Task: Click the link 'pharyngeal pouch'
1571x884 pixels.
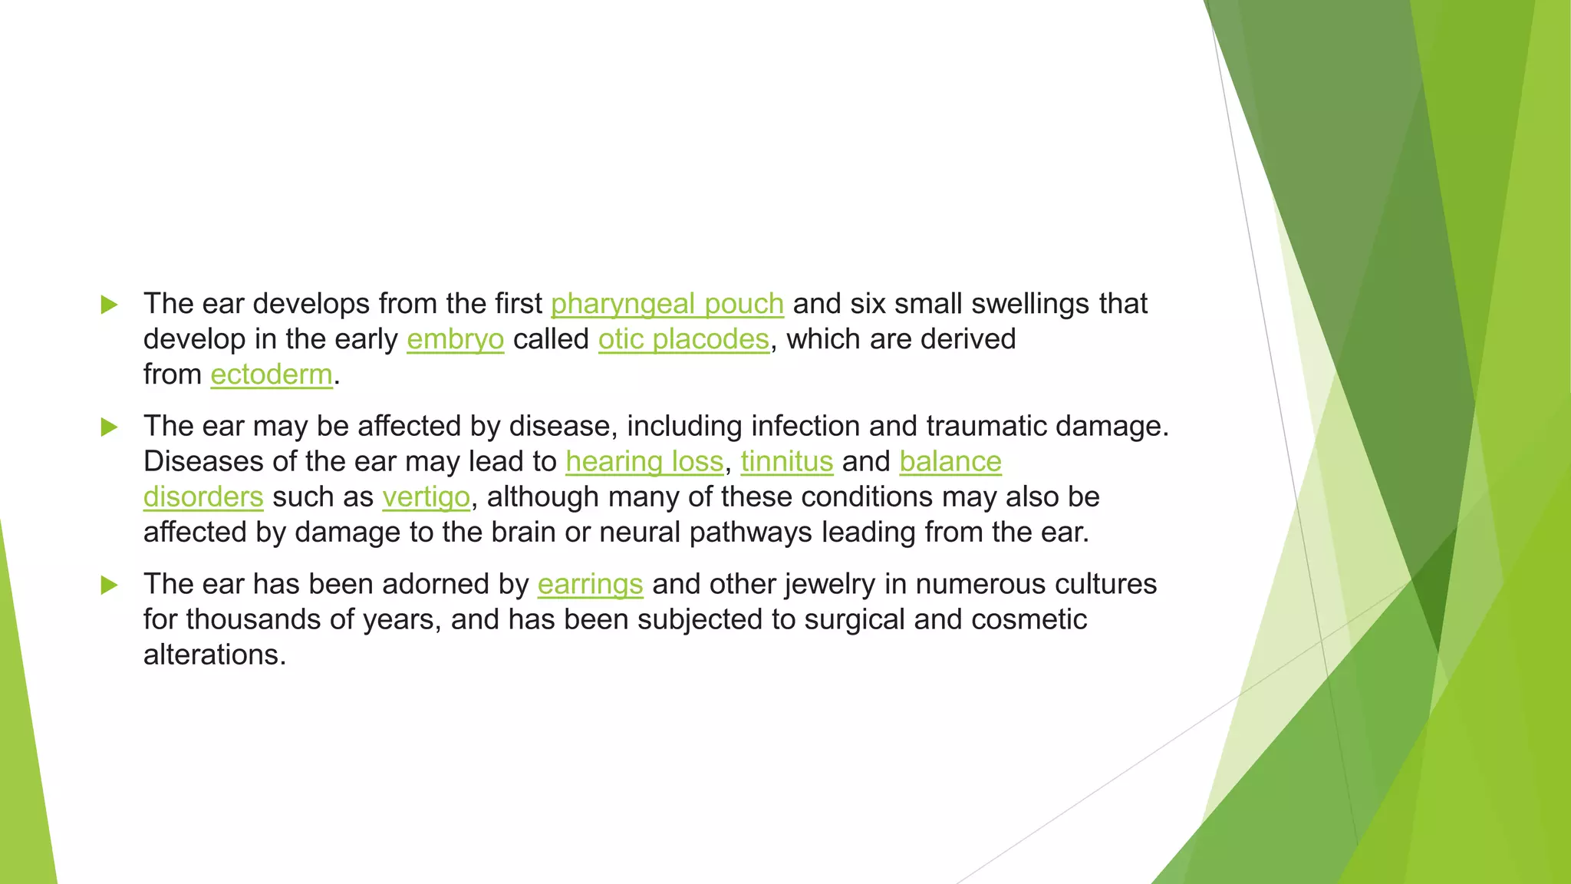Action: pyautogui.click(x=667, y=304)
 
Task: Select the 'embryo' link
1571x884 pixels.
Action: pyautogui.click(x=455, y=339)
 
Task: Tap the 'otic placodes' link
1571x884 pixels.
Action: pyautogui.click(x=683, y=339)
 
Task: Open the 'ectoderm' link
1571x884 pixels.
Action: pyautogui.click(x=272, y=374)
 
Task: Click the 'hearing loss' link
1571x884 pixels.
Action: pyautogui.click(x=644, y=462)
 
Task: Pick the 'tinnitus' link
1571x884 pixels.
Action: pyautogui.click(x=786, y=462)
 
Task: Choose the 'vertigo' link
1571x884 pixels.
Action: pyautogui.click(x=426, y=497)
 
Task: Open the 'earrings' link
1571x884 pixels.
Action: pyautogui.click(x=590, y=585)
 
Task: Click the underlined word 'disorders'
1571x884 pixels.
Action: pyautogui.click(x=203, y=497)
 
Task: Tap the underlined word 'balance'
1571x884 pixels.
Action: pyautogui.click(x=950, y=462)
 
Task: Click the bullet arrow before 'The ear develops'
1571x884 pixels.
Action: pyautogui.click(x=109, y=305)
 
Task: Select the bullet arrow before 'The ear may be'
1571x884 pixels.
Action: pyautogui.click(x=109, y=427)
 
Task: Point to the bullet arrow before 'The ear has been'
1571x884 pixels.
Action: pyautogui.click(x=109, y=585)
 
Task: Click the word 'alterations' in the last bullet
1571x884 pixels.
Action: pyautogui.click(x=214, y=655)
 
